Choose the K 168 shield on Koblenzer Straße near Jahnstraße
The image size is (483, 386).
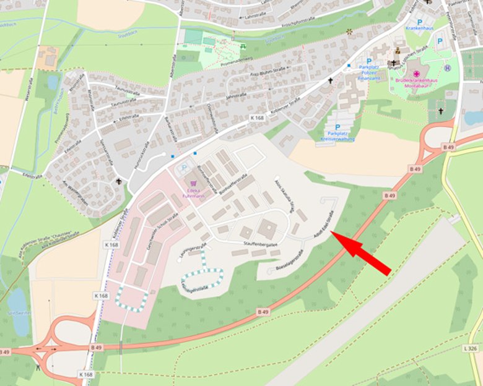pyautogui.click(x=257, y=118)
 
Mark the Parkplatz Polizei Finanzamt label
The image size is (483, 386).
pyautogui.click(x=365, y=73)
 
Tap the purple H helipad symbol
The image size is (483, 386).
pyautogui.click(x=447, y=68)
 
